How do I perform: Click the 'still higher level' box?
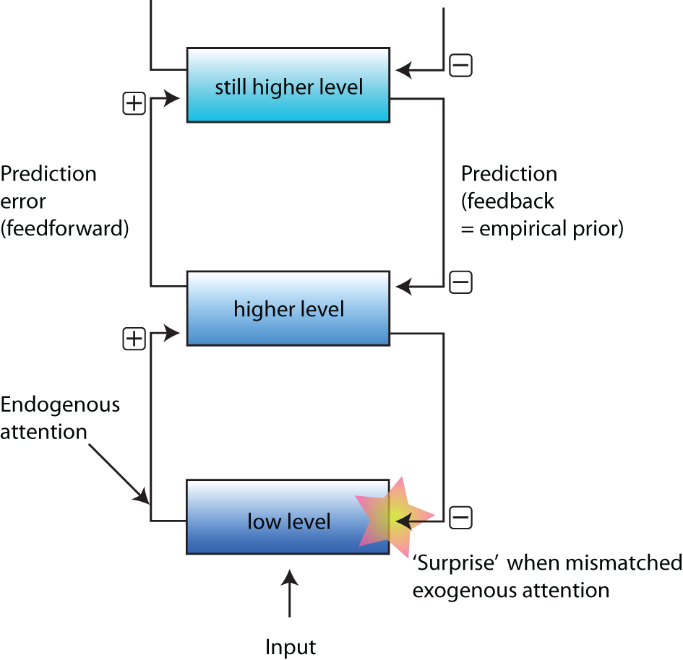[x=288, y=85]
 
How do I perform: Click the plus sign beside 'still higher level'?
[x=134, y=104]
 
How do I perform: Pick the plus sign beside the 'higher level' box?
[x=134, y=338]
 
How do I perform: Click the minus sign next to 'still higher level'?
[x=460, y=66]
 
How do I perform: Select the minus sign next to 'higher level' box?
[x=460, y=282]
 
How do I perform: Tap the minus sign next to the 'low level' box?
[x=460, y=517]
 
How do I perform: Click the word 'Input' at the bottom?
[x=290, y=646]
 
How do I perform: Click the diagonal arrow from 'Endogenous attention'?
[x=119, y=472]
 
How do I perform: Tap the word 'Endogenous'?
[x=60, y=404]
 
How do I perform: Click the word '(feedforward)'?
[x=65, y=229]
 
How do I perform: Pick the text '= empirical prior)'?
[x=542, y=229]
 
